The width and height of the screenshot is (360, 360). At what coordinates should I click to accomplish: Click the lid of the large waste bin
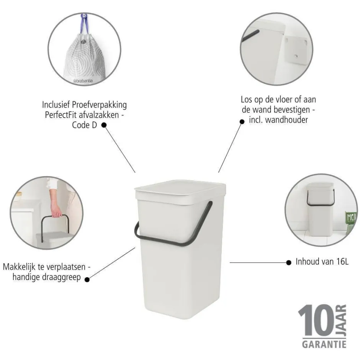180,190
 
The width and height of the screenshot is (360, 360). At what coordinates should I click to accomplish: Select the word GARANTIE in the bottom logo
324,344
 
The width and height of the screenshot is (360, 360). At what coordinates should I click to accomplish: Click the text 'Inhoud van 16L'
322,262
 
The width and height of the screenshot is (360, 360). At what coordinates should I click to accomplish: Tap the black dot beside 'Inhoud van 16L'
289,263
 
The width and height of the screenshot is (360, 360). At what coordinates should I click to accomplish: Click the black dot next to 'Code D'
103,125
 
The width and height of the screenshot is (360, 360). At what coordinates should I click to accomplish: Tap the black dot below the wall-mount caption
242,122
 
